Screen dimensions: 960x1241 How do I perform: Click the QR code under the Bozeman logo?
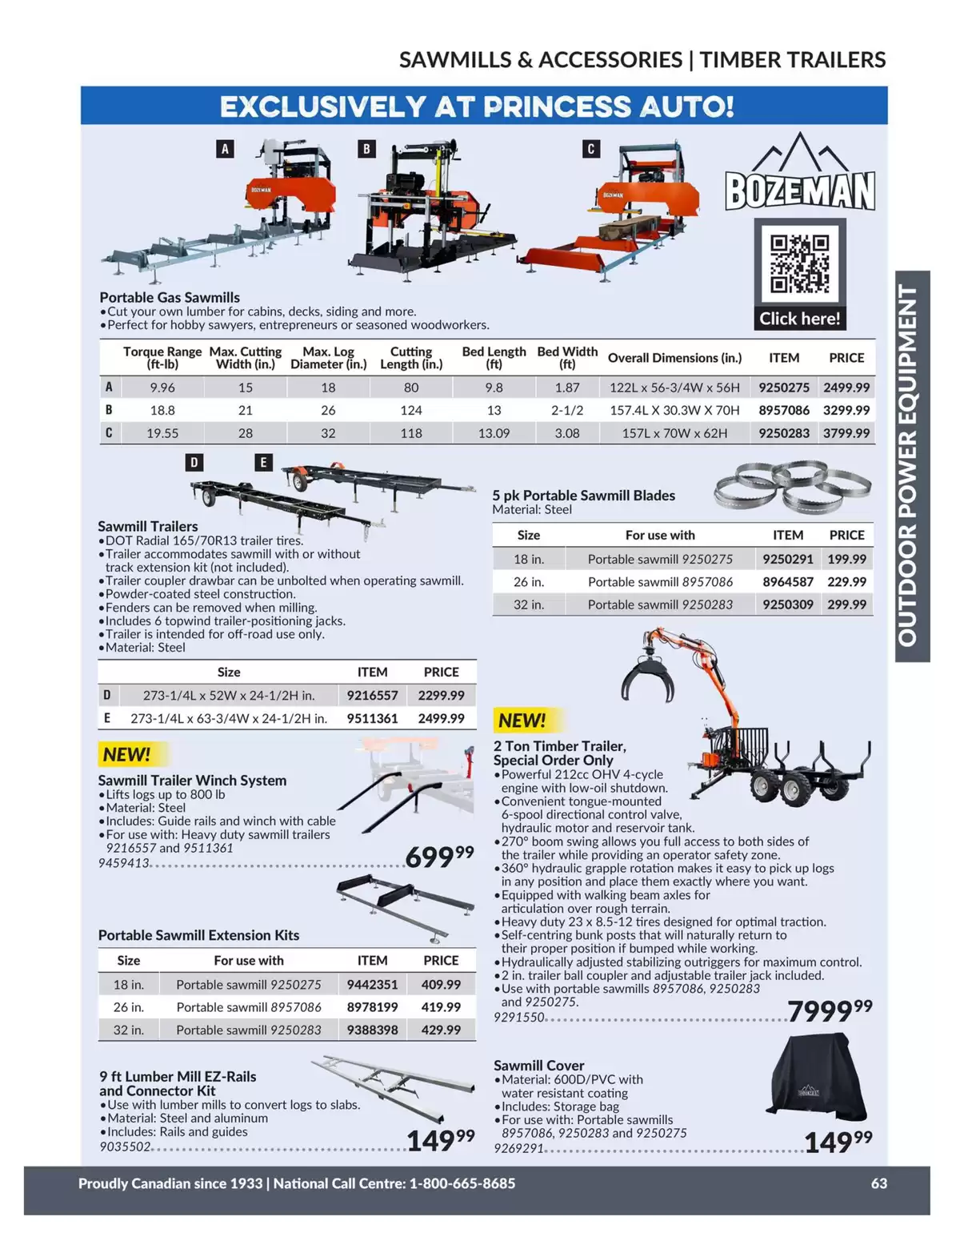tap(799, 264)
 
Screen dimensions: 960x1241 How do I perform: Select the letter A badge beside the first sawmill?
tap(225, 149)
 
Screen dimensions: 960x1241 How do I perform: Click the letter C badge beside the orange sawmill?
tap(590, 149)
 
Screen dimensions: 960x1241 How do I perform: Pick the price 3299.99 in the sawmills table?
tap(846, 410)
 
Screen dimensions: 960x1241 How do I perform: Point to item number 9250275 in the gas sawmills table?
tap(784, 388)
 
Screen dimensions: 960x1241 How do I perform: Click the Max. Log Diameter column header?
tap(328, 358)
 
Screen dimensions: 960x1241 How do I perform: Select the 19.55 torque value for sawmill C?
tap(162, 433)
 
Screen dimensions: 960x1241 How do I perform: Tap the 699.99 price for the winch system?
tap(439, 856)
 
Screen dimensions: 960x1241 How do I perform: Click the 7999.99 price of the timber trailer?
tap(830, 1010)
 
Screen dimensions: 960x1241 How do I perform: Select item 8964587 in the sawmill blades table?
tap(788, 582)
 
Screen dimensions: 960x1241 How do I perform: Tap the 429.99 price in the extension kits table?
tap(441, 1030)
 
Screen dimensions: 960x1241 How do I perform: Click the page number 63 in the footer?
tap(879, 1183)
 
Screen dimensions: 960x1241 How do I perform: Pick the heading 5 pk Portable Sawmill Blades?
tap(583, 495)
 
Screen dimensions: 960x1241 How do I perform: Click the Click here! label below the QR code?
tap(800, 318)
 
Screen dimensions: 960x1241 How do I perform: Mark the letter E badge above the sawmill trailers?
tap(263, 462)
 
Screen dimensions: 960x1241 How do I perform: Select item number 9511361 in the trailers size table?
tap(372, 718)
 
